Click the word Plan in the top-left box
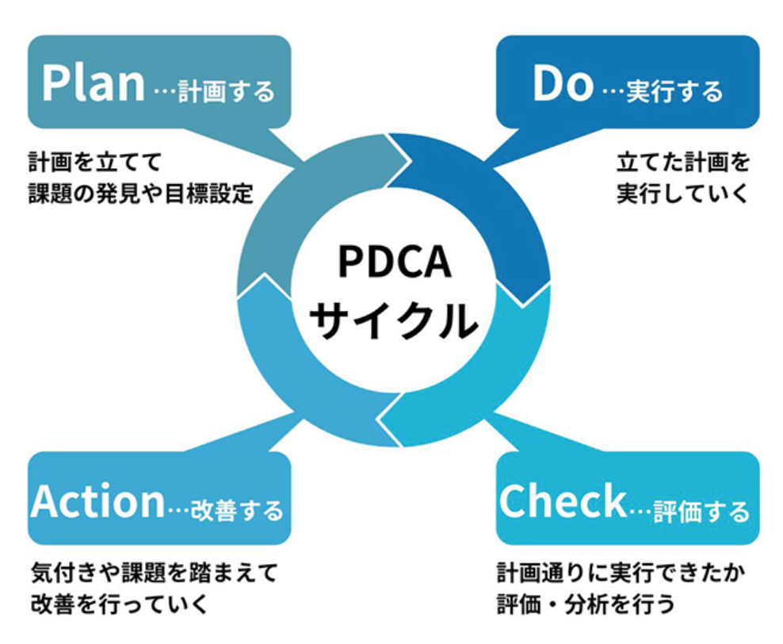pos(93,83)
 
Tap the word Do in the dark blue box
pos(563,83)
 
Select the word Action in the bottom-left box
pos(98,501)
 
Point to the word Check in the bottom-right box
pos(563,501)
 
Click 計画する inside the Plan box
pos(227,91)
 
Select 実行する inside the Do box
pos(674,91)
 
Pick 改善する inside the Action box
pos(237,511)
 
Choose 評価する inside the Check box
pos(701,511)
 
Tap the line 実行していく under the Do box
pos(682,194)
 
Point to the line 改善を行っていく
pos(120,604)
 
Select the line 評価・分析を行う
pos(585,604)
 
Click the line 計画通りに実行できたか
pos(621,573)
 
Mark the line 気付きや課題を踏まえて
pos(155,573)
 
